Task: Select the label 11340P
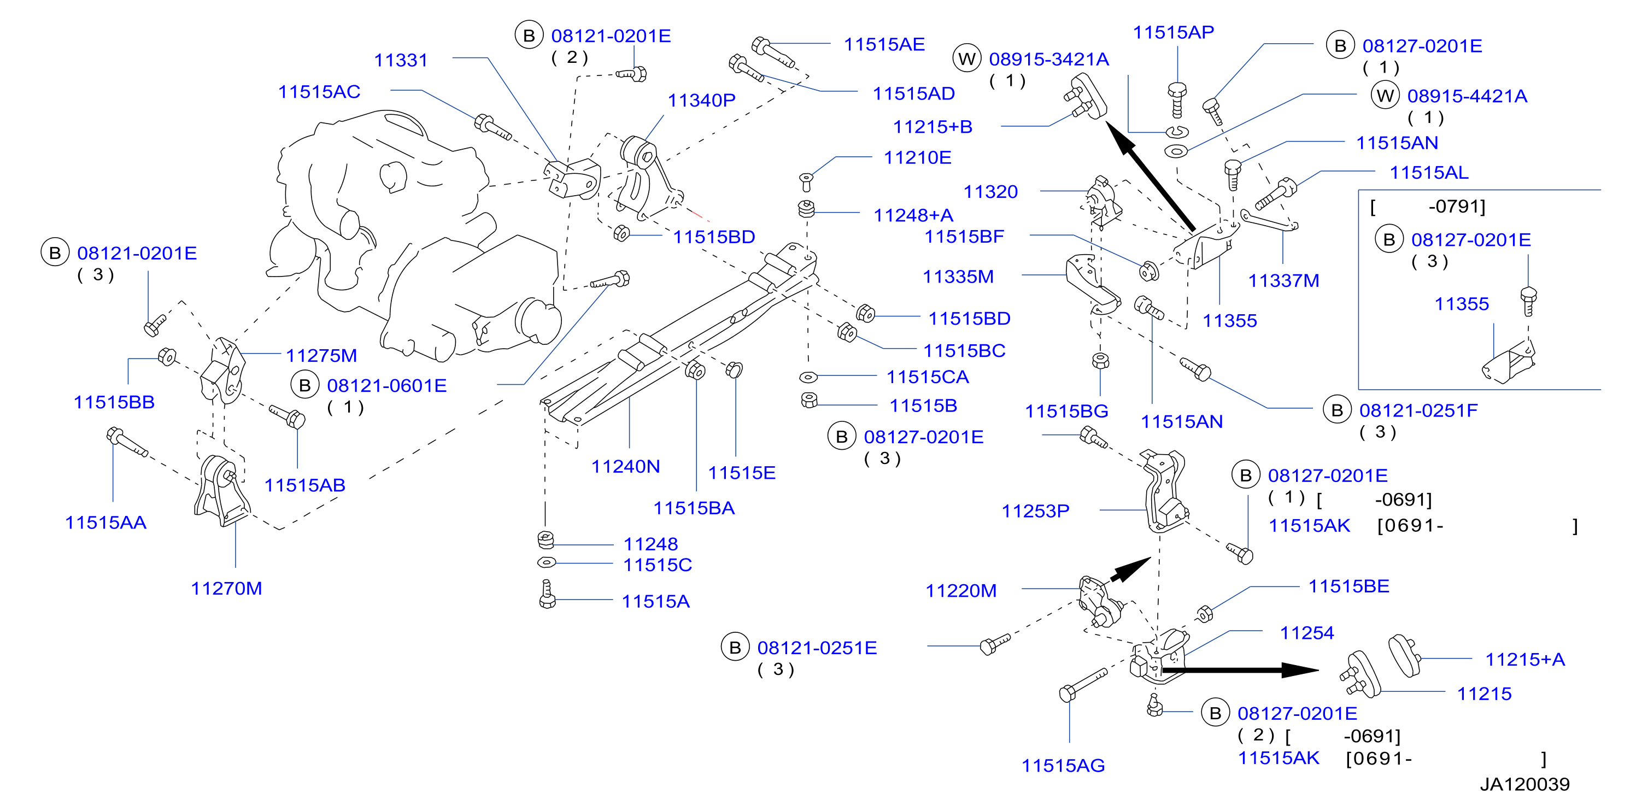click(701, 100)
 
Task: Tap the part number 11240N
click(625, 466)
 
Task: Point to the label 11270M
click(226, 588)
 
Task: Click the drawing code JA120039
click(1524, 784)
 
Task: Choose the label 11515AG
click(1063, 765)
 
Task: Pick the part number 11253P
click(1035, 511)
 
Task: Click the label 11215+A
click(1524, 660)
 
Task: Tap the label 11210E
click(917, 157)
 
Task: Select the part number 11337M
click(1283, 280)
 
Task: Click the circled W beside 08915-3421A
click(966, 58)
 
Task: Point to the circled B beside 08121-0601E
click(304, 385)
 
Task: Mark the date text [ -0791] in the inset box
click(1428, 207)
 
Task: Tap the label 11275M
click(321, 355)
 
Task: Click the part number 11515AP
click(1173, 32)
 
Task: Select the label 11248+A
click(913, 215)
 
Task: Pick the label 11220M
click(960, 591)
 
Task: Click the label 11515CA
click(928, 377)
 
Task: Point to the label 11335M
click(958, 277)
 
